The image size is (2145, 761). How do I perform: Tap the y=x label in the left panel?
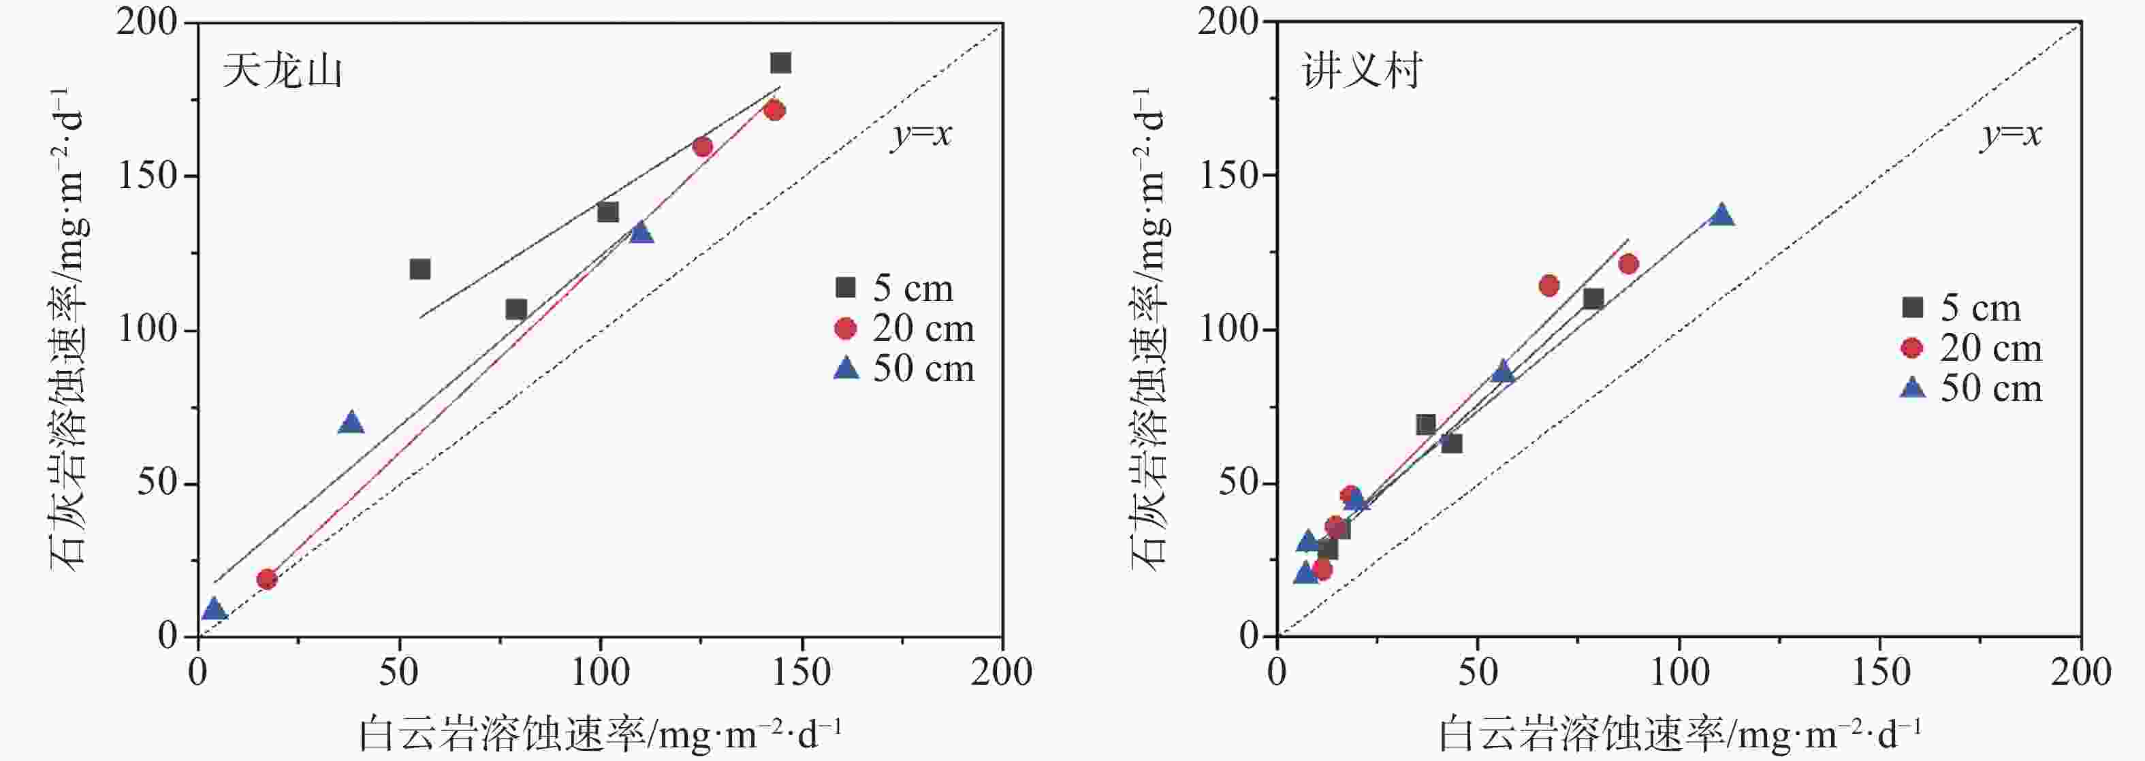(921, 135)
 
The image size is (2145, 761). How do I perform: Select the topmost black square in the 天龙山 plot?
(780, 63)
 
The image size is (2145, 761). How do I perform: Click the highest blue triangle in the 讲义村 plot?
(1721, 216)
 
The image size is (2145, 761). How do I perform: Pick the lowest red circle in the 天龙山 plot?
(266, 579)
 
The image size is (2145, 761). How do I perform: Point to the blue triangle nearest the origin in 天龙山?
(214, 609)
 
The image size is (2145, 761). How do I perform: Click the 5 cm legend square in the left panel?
(845, 288)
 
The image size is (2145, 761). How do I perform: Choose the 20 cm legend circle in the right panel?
(1912, 348)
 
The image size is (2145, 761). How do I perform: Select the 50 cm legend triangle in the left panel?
(846, 368)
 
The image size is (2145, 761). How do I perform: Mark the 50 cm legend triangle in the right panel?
(1913, 388)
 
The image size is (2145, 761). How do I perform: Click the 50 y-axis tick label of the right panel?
(1239, 483)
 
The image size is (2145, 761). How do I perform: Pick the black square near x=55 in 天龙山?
(419, 269)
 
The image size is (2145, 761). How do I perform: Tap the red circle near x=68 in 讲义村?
(1548, 286)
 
